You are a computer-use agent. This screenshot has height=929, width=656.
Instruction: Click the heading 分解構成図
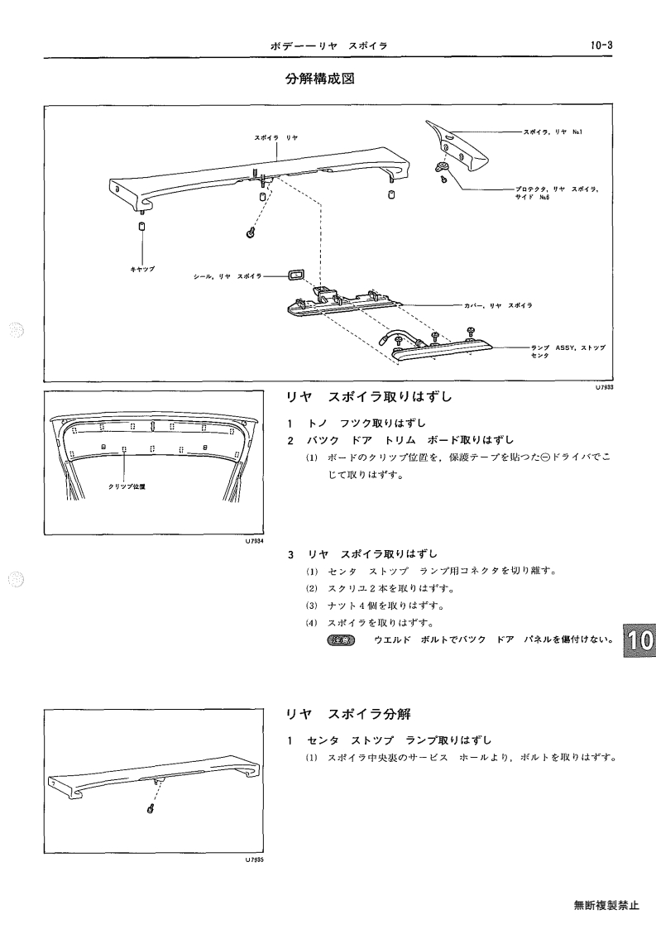320,79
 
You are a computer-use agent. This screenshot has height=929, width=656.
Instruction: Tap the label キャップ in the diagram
142,268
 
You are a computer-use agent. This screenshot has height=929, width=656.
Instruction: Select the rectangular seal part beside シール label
295,275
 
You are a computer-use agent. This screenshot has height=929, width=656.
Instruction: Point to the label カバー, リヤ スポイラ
498,306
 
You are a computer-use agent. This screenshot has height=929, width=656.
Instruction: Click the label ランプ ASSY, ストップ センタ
568,352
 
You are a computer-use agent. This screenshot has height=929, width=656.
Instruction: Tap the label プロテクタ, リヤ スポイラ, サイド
557,193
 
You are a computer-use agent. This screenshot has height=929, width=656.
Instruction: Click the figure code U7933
604,387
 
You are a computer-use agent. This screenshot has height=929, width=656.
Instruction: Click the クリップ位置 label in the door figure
127,486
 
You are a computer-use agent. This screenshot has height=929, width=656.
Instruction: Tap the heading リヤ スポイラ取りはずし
369,396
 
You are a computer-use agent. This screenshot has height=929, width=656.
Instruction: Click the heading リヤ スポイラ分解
348,714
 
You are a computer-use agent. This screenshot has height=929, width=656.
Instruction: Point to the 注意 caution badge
341,639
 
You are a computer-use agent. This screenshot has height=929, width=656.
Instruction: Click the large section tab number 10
639,639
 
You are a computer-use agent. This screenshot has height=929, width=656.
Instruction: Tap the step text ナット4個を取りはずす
385,606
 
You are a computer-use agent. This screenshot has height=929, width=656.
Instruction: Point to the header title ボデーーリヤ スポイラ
328,45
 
